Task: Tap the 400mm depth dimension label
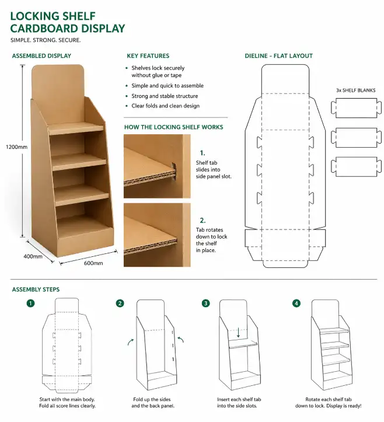click(x=33, y=256)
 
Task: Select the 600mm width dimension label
click(x=93, y=263)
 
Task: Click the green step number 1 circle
click(x=30, y=304)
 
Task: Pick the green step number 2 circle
click(x=120, y=304)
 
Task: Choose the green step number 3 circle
click(x=205, y=304)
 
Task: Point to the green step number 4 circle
click(x=296, y=304)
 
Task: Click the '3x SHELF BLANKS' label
click(x=355, y=90)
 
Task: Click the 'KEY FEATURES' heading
click(x=148, y=56)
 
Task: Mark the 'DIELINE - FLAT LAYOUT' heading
click(x=278, y=56)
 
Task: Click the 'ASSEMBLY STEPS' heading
click(x=36, y=290)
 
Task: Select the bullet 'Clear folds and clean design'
click(x=165, y=106)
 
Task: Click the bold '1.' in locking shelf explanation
click(x=203, y=152)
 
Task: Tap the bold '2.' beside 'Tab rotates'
click(x=203, y=221)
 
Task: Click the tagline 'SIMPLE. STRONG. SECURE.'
click(x=46, y=40)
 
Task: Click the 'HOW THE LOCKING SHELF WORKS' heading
click(x=173, y=127)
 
